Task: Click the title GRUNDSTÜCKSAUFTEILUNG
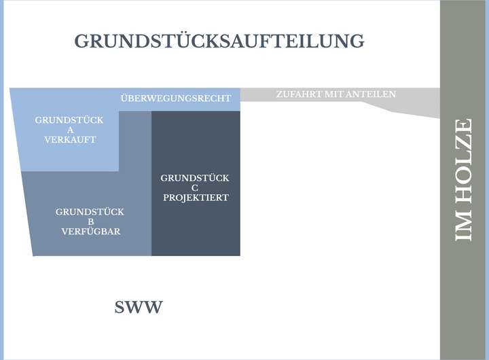click(x=219, y=41)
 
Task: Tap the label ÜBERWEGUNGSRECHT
click(x=176, y=98)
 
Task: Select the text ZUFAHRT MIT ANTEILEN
click(x=336, y=94)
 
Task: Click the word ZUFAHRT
click(x=298, y=94)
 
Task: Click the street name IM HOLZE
click(x=464, y=180)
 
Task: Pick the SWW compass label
click(x=139, y=308)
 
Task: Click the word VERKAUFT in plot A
click(x=69, y=140)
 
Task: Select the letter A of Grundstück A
click(x=69, y=130)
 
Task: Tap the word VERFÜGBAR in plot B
click(x=91, y=232)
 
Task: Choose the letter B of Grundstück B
click(x=91, y=221)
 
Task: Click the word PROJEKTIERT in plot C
click(x=195, y=198)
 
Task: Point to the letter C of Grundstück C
click(x=195, y=188)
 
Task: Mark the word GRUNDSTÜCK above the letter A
click(x=69, y=120)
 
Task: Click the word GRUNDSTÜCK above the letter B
click(x=90, y=212)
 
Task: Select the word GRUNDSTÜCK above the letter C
click(x=195, y=178)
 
